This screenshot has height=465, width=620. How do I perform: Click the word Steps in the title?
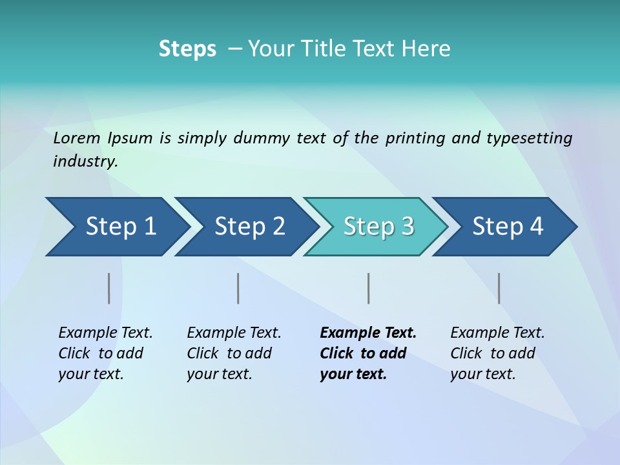(187, 49)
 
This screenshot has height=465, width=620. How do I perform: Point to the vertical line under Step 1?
(109, 288)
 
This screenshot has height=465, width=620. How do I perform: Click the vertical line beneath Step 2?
(238, 288)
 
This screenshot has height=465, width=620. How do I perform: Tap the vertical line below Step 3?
(369, 288)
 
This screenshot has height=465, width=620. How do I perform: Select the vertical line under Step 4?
(499, 288)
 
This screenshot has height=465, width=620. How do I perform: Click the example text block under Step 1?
(105, 353)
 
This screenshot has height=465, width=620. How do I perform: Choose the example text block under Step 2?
(233, 353)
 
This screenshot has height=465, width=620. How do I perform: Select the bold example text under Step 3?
(367, 353)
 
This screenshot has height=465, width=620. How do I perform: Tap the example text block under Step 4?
(497, 353)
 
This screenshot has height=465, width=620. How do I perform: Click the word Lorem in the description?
(77, 138)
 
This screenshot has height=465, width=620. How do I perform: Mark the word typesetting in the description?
(534, 138)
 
